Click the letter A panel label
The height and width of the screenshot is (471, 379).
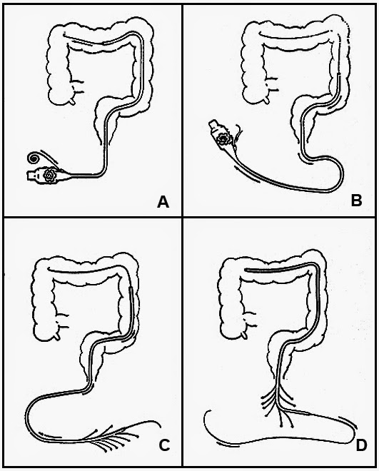click(163, 202)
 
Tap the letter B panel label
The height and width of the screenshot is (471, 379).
click(356, 201)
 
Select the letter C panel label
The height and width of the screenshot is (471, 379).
click(164, 445)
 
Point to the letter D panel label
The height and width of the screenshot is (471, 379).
click(361, 445)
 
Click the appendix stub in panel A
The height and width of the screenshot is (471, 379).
click(72, 102)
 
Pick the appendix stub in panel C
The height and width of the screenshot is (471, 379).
click(57, 338)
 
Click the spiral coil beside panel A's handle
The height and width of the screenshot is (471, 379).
click(32, 158)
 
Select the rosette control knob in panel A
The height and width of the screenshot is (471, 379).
click(49, 175)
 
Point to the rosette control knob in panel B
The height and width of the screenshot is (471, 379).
click(223, 138)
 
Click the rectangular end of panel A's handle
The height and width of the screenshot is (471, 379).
click(31, 176)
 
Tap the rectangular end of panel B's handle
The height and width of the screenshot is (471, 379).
click(213, 125)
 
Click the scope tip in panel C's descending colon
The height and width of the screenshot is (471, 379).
click(131, 289)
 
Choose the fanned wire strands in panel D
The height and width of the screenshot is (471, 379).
click(278, 406)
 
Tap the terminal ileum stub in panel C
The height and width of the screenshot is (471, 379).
click(63, 321)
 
